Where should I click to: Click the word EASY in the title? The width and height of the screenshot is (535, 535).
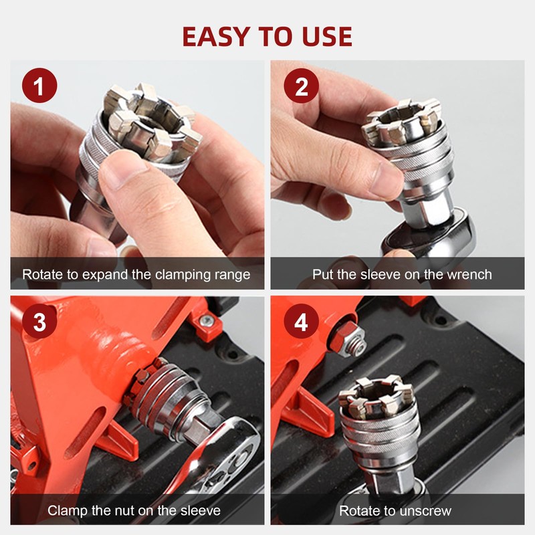[x=216, y=37]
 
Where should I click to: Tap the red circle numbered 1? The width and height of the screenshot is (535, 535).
[x=39, y=86]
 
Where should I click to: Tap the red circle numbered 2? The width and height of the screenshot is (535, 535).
[x=302, y=86]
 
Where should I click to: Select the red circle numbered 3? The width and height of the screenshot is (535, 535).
[x=39, y=321]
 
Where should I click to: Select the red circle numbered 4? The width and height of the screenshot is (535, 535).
[x=302, y=321]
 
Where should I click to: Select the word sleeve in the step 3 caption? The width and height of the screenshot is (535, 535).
[x=201, y=511]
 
